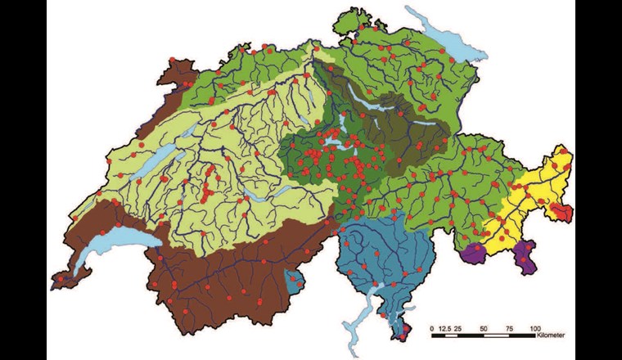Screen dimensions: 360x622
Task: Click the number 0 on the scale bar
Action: tap(432, 328)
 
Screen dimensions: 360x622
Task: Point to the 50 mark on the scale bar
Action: tap(485, 328)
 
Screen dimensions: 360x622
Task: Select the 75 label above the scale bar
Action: tap(510, 328)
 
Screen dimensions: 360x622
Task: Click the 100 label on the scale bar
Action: tap(535, 328)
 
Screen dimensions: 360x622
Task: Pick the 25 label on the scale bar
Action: tap(459, 328)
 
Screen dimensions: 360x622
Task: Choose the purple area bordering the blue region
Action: tap(473, 254)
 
